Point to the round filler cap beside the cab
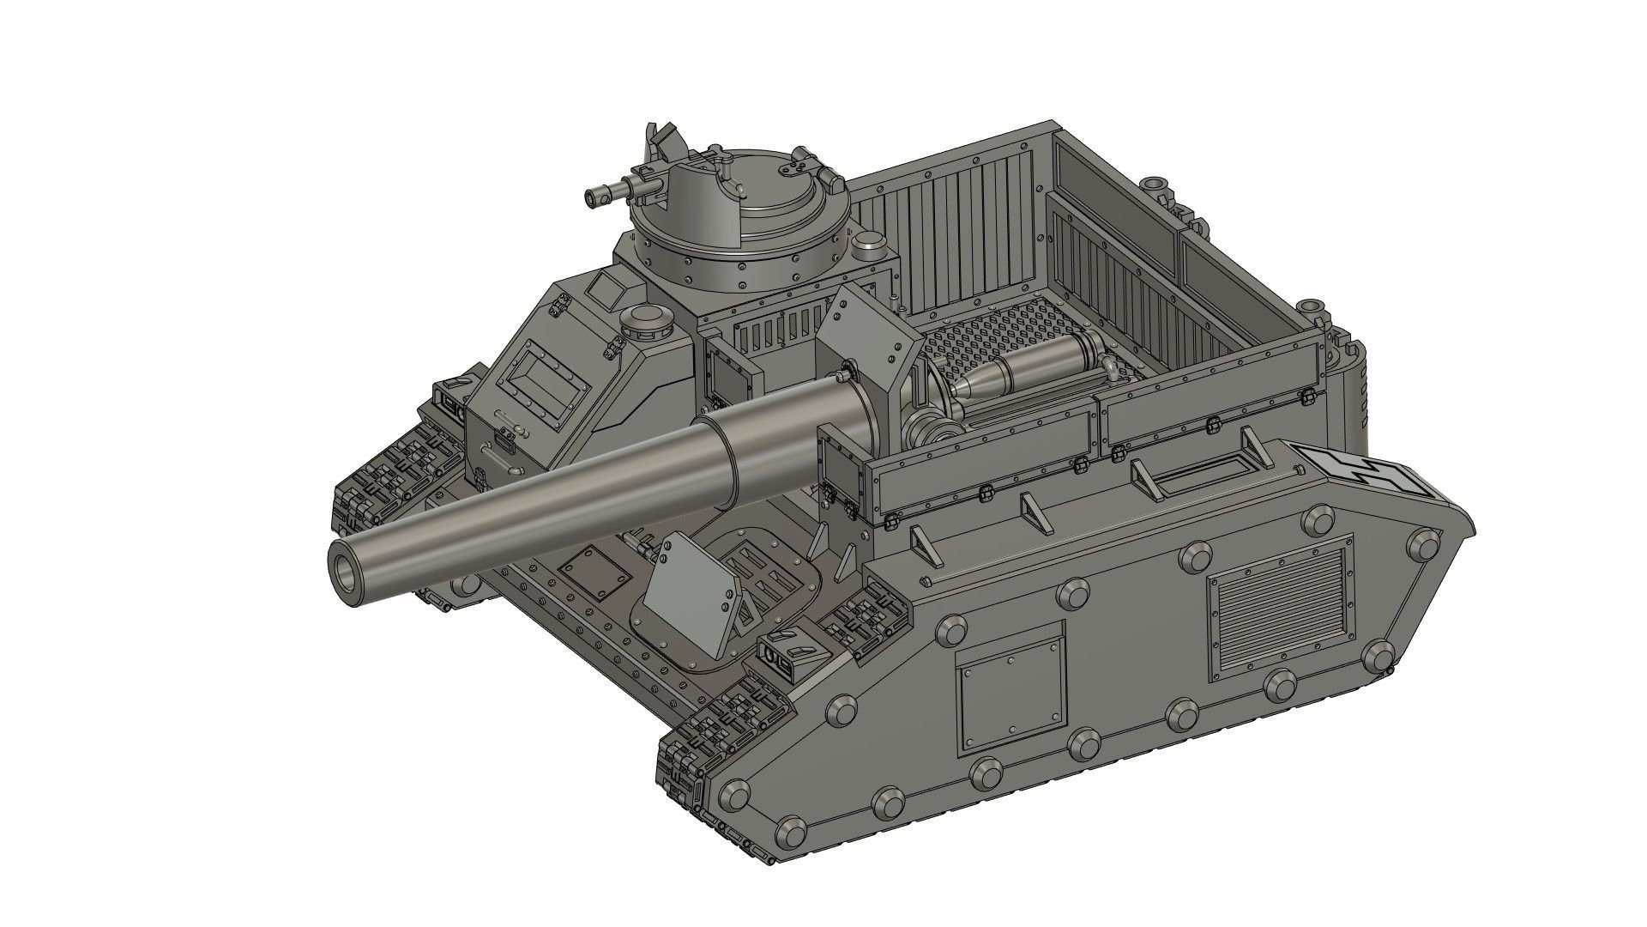649,321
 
